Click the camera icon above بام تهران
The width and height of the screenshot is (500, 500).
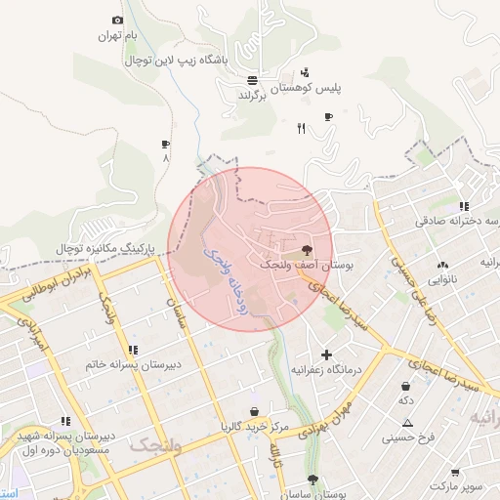pos(118,21)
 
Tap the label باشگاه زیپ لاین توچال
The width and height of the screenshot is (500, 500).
pos(189,61)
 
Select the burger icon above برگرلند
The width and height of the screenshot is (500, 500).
pos(253,80)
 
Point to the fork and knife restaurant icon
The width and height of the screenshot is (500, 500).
pos(301,127)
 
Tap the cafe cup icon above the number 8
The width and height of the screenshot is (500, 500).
pos(165,144)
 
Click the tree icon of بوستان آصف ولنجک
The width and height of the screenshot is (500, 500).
pos(309,249)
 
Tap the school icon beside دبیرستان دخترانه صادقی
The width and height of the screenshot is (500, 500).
pos(465,206)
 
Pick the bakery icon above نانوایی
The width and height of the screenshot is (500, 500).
pos(444,264)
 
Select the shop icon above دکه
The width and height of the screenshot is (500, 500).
pos(405,386)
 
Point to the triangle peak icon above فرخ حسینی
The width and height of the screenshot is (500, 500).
pos(407,423)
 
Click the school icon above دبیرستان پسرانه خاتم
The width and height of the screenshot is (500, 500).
pos(133,349)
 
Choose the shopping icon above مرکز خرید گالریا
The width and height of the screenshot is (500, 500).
pos(255,411)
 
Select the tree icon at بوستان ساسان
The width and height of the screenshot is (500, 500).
pos(312,479)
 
